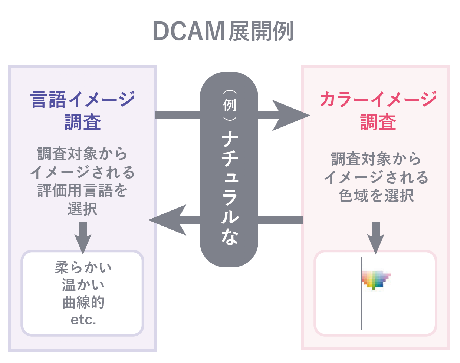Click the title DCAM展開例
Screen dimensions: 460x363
[x=223, y=31]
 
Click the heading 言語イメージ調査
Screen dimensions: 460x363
[x=82, y=110]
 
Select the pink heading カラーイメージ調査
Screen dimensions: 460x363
[x=378, y=110]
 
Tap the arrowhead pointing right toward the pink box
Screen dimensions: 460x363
[x=291, y=115]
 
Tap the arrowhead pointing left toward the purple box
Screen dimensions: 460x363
[x=168, y=220]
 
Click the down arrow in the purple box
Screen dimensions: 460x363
[x=83, y=238]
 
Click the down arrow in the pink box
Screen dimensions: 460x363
[x=376, y=238]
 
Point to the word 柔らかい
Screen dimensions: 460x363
[x=83, y=267]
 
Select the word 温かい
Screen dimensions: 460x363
[x=83, y=285]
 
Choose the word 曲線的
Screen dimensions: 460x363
[x=83, y=302]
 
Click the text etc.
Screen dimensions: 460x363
[x=83, y=320]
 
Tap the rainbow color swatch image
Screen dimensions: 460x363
[x=376, y=280]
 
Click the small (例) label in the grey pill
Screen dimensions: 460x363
[x=230, y=105]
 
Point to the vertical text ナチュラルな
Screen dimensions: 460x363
[x=230, y=188]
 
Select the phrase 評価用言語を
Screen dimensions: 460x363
[x=82, y=190]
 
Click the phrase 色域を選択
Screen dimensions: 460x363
[x=376, y=196]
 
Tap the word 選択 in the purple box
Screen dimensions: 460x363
[x=82, y=209]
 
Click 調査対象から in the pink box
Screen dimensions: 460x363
[x=376, y=159]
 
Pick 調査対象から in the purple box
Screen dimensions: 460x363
[x=82, y=153]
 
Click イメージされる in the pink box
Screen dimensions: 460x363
[x=376, y=177]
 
